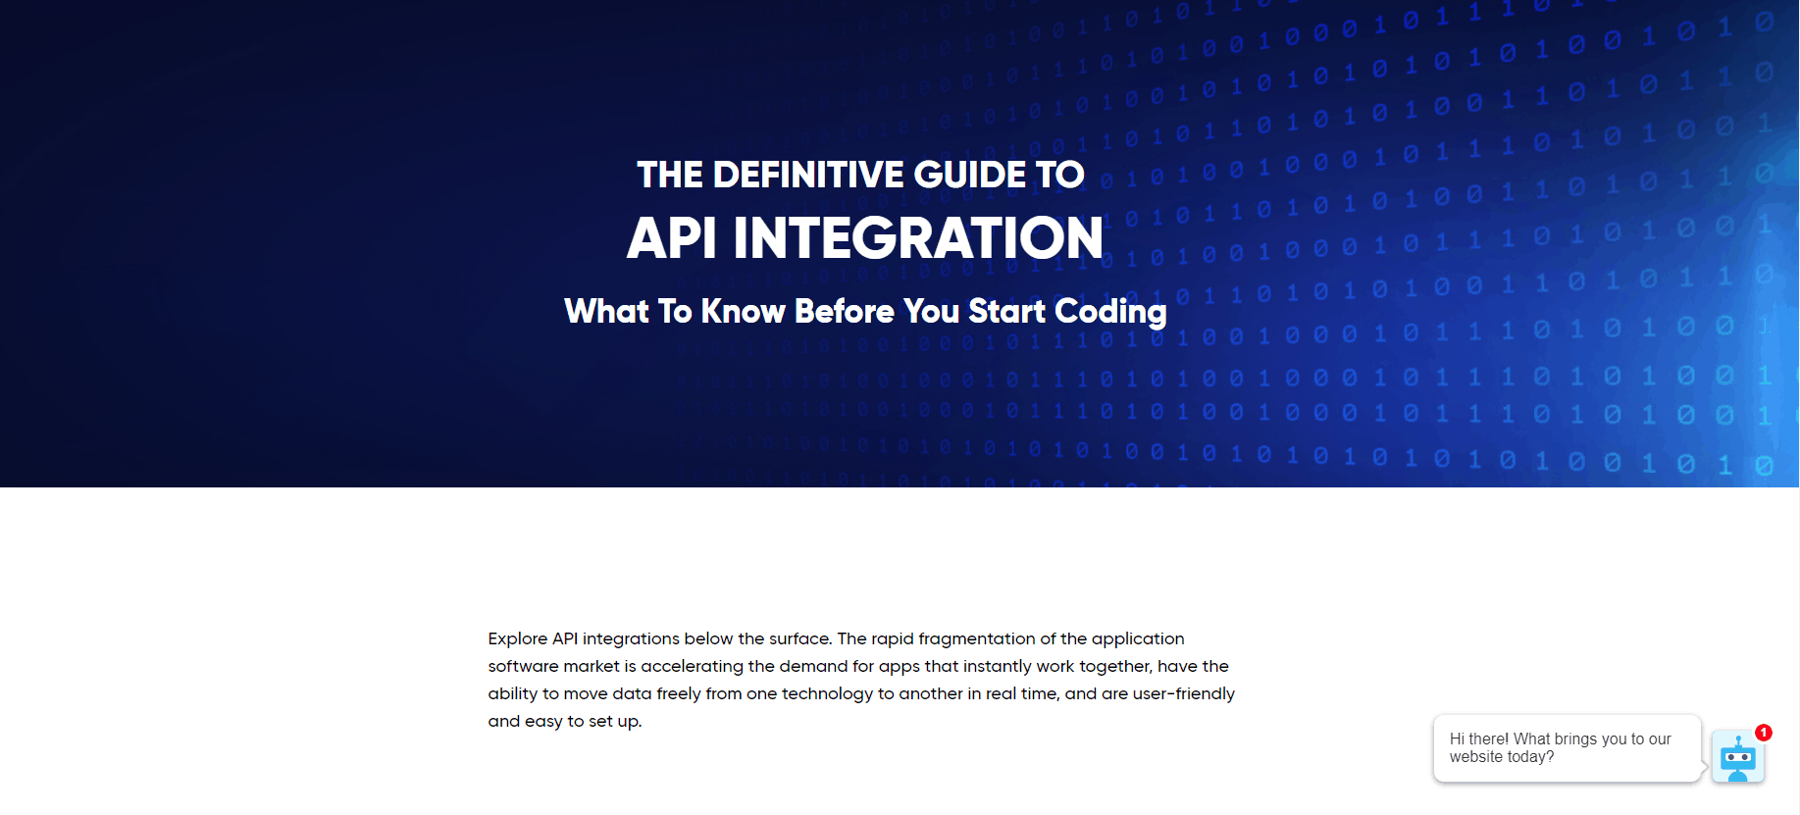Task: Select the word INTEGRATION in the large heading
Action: [x=918, y=238]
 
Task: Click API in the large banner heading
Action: [x=672, y=238]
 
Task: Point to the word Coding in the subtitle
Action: [x=1110, y=313]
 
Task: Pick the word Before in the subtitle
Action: [x=845, y=311]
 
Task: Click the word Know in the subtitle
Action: [x=744, y=311]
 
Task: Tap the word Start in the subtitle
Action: [x=1007, y=311]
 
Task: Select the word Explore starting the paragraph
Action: [x=518, y=639]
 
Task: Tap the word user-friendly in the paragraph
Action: [x=1184, y=693]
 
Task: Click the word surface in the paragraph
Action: [x=800, y=639]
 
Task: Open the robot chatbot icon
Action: [x=1738, y=757]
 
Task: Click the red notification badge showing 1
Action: [x=1764, y=733]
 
